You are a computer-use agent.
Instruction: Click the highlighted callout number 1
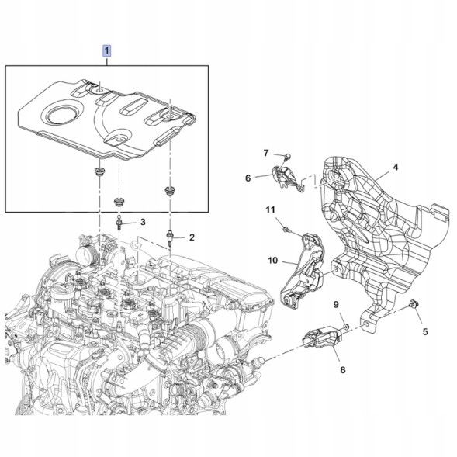[106, 50]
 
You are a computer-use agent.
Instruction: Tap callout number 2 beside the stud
[192, 237]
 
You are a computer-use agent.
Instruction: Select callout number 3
[143, 222]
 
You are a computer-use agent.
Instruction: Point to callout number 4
[395, 168]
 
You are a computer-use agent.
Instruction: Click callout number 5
[425, 331]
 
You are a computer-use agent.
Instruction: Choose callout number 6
[248, 178]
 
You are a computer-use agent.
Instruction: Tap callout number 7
[265, 153]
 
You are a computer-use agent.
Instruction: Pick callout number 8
[343, 370]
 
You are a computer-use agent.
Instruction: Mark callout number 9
[336, 305]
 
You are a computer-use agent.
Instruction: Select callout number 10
[273, 260]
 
